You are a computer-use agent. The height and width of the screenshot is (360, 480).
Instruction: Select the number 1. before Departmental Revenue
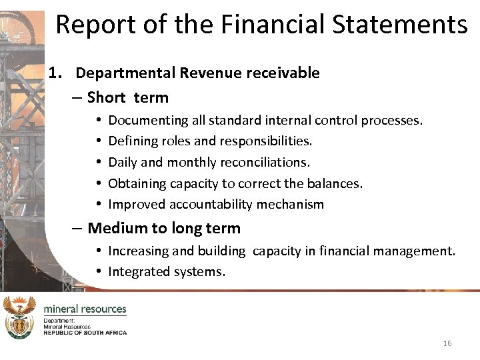[56, 73]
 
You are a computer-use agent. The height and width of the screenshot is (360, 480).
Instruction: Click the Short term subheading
[127, 97]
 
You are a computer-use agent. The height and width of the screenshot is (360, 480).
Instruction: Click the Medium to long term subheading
[163, 228]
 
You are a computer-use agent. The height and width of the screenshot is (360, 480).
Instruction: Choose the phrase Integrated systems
[167, 272]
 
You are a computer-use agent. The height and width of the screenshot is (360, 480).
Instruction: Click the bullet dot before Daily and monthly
[98, 162]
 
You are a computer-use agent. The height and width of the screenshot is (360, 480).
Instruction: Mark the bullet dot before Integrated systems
[98, 271]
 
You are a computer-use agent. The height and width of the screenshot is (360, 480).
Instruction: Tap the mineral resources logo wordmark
[85, 309]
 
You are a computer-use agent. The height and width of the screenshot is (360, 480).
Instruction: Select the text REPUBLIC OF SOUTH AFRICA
[85, 332]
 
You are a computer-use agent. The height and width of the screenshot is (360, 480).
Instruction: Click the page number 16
[447, 343]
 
